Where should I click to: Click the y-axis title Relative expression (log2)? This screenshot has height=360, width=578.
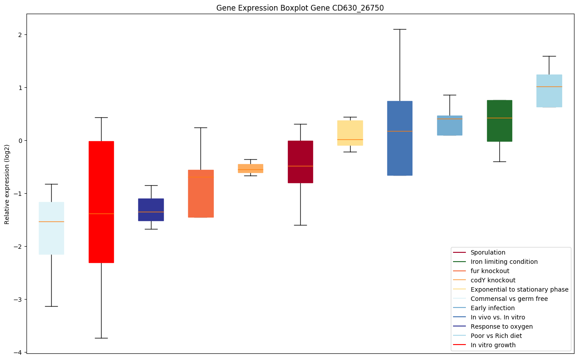tap(7, 184)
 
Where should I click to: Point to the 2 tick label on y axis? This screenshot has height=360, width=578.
tap(20, 35)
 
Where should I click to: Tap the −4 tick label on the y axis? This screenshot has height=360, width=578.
tap(18, 352)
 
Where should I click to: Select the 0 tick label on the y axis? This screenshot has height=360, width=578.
tap(20, 141)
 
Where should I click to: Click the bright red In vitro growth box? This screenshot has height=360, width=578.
tap(101, 202)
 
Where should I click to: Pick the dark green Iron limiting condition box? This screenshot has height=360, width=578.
tap(499, 120)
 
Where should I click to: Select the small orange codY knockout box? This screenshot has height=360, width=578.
tap(250, 168)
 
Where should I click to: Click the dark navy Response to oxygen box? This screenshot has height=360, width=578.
tap(151, 210)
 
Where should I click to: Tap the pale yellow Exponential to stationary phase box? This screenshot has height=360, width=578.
tap(350, 133)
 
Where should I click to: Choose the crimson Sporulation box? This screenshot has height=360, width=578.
tap(300, 161)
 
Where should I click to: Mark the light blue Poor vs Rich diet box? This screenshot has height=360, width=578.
tap(549, 90)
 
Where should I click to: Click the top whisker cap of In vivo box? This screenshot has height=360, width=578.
tap(400, 29)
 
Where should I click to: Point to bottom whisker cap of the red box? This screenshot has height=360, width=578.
tap(101, 338)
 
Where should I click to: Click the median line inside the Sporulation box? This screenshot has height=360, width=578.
tap(300, 166)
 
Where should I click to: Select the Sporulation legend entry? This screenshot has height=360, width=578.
tap(487, 252)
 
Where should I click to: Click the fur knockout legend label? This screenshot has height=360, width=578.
tap(490, 271)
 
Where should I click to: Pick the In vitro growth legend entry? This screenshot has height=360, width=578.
tap(493, 345)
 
